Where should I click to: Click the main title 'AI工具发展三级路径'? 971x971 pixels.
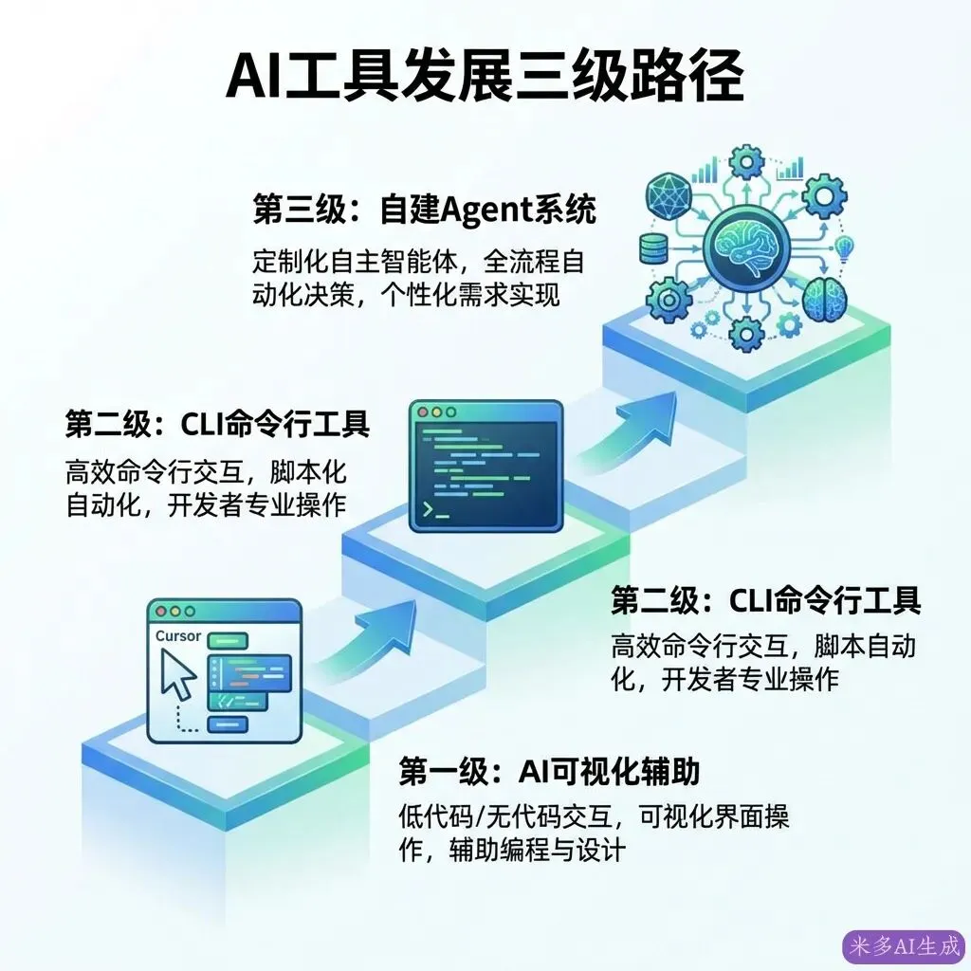[485, 77]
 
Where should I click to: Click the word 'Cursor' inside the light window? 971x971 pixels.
[177, 636]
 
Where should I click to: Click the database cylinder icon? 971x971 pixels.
[654, 248]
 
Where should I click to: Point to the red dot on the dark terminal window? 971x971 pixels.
[422, 413]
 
